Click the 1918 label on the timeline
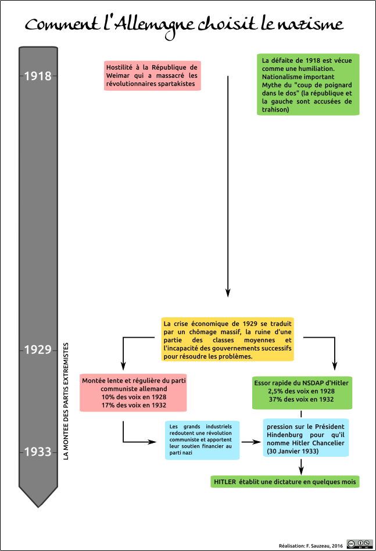(x=38, y=76)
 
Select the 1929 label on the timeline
(x=38, y=350)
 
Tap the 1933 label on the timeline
(x=38, y=452)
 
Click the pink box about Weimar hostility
(x=152, y=76)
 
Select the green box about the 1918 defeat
(x=308, y=84)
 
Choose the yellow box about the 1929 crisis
(x=228, y=339)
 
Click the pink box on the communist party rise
(x=133, y=392)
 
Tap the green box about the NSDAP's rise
(x=302, y=392)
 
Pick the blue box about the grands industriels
(x=202, y=440)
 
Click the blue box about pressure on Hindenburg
(x=306, y=438)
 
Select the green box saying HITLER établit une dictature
(x=285, y=482)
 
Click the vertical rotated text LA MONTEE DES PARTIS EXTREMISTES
(x=66, y=401)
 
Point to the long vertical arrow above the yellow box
(x=228, y=186)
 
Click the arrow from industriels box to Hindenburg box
(x=251, y=442)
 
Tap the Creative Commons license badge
(x=360, y=544)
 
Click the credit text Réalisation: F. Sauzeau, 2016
(x=311, y=546)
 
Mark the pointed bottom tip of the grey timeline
(x=38, y=507)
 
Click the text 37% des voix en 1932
(x=301, y=399)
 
